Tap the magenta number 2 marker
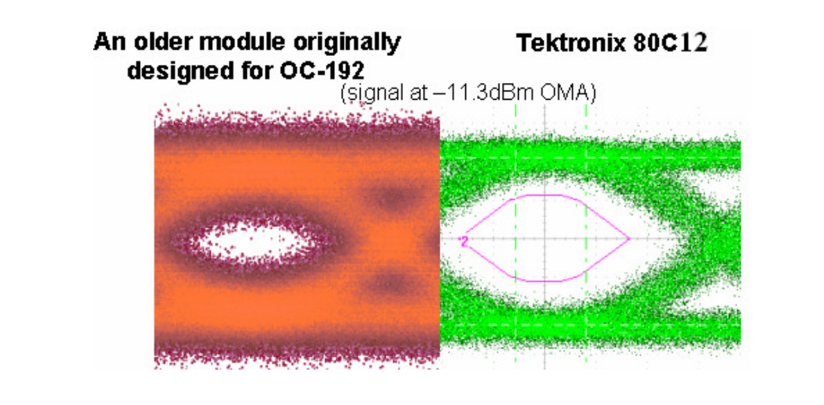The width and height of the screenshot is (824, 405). (463, 240)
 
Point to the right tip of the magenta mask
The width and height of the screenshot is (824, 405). (629, 239)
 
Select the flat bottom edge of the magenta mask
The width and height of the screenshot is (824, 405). (546, 281)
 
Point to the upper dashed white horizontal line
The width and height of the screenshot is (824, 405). (643, 157)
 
